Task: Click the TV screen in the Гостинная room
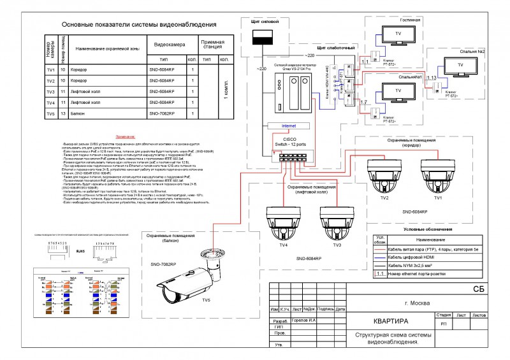click(x=398, y=33)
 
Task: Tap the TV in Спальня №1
click(x=398, y=92)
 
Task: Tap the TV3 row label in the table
click(x=50, y=91)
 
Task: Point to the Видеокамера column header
click(x=170, y=45)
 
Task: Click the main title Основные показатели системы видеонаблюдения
click(x=138, y=24)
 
